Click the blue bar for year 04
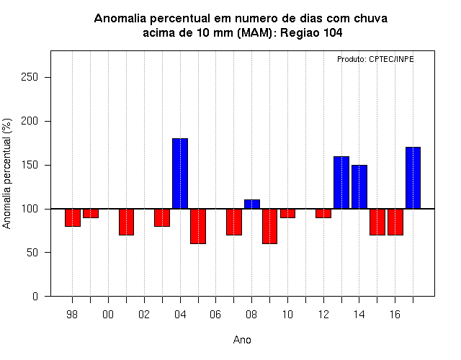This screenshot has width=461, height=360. (x=180, y=174)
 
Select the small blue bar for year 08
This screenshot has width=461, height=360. (x=252, y=204)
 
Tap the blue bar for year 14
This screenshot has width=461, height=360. (x=359, y=187)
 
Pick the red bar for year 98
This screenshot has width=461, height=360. (x=73, y=217)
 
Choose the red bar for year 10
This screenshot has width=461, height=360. (x=287, y=213)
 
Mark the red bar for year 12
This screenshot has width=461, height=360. (x=323, y=213)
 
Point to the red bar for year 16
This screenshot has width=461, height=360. (x=395, y=222)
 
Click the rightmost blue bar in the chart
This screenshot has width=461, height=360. (x=413, y=178)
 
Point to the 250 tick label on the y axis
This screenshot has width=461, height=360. (x=30, y=77)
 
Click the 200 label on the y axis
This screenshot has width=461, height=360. (x=30, y=121)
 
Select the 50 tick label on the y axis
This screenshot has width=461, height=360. (x=32, y=253)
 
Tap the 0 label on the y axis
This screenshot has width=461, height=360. (x=35, y=296)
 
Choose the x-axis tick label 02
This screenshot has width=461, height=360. (x=144, y=315)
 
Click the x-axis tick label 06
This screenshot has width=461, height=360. (x=215, y=315)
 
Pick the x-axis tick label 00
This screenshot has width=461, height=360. (x=108, y=315)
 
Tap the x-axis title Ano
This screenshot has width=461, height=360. (x=242, y=340)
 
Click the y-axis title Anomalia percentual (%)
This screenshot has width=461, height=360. (x=6, y=174)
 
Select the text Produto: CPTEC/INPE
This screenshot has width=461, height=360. (x=375, y=59)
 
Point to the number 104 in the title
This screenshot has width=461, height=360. (x=333, y=32)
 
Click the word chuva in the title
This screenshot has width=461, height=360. (x=370, y=19)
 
